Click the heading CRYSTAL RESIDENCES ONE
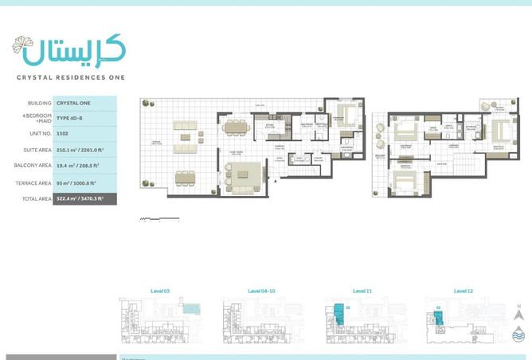pos(70,77)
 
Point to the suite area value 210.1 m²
pos(84,150)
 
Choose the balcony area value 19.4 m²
pos(84,166)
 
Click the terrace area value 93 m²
pos(84,183)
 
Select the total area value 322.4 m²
pos(84,198)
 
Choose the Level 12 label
pos(463,292)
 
